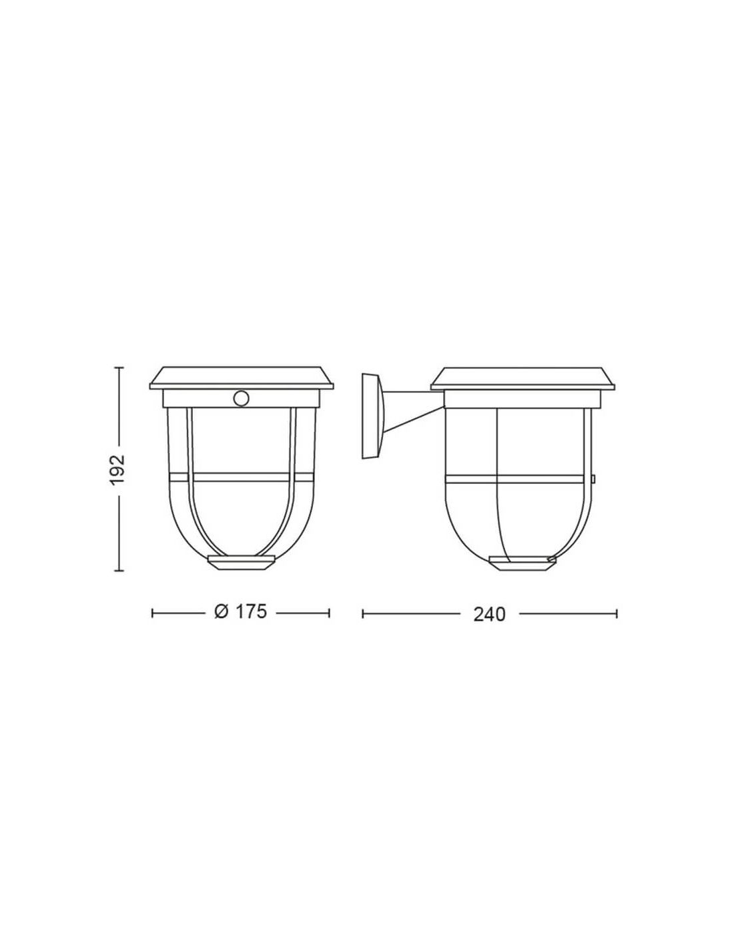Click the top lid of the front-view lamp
242,378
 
